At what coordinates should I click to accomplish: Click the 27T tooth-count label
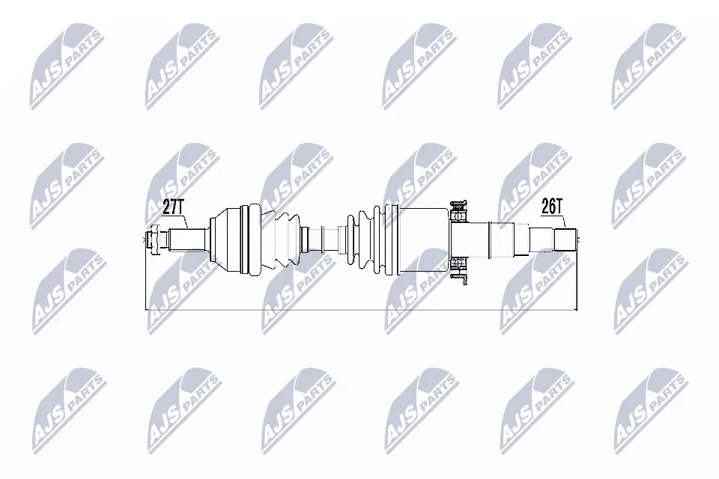coord(173,207)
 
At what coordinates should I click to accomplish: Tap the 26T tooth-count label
coord(552,207)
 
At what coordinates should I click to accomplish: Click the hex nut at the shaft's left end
coord(154,239)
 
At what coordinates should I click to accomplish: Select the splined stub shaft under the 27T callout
coord(187,239)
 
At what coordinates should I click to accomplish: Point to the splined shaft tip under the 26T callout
coord(565,239)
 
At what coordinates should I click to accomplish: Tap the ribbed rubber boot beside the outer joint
coord(282,241)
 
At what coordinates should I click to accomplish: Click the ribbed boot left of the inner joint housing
coord(367,241)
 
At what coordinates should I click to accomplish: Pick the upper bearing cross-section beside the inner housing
coord(458,211)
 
